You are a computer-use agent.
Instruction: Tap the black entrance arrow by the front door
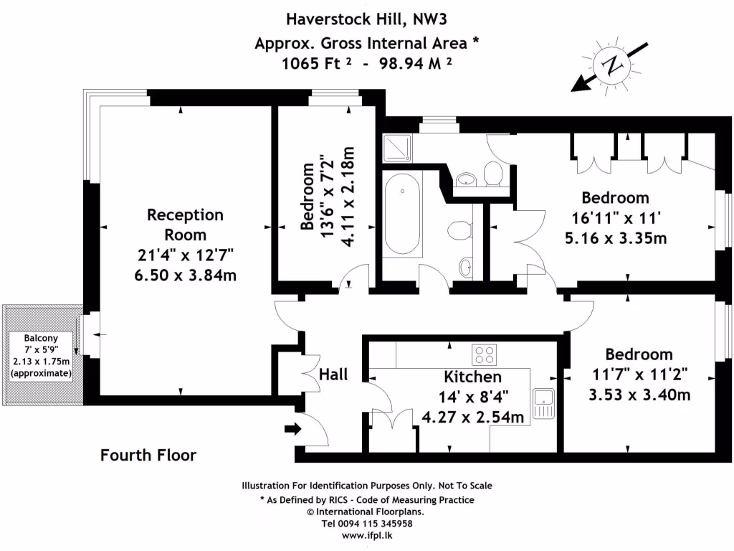point(292,429)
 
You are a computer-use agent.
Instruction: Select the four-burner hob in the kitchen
point(484,354)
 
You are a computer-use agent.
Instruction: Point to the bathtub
point(402,215)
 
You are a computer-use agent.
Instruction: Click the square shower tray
point(396,148)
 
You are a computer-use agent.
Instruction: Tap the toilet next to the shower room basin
point(492,173)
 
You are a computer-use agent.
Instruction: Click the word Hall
point(333,374)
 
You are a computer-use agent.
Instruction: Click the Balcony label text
point(41,338)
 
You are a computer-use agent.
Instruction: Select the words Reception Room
point(185,225)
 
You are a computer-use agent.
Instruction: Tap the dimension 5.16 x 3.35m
point(614,237)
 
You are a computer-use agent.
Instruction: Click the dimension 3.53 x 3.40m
point(639,394)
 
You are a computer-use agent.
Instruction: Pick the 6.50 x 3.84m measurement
point(185,275)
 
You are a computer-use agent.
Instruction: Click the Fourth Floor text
point(148,455)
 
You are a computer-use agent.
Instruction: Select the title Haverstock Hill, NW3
point(367,17)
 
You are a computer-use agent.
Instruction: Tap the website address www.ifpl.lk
point(367,535)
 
